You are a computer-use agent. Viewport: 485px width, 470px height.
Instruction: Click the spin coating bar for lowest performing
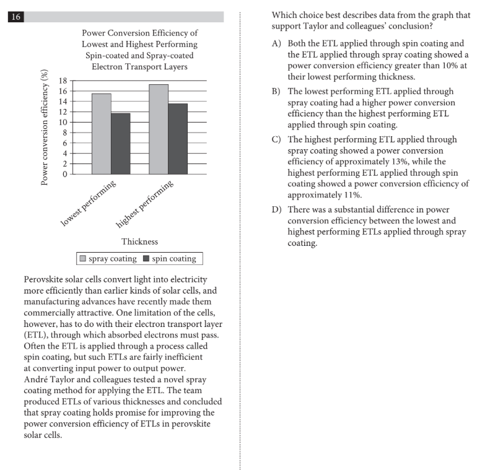click(120, 144)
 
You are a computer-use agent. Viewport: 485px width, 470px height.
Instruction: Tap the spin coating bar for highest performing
click(178, 139)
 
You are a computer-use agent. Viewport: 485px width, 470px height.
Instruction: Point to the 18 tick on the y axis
click(63, 81)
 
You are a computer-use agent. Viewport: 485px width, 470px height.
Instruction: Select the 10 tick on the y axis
click(63, 122)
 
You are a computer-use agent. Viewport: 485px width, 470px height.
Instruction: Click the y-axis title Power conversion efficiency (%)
click(45, 128)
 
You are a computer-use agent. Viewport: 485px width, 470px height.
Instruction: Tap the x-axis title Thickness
click(139, 242)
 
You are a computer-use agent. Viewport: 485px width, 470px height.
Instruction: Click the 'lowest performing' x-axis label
click(88, 205)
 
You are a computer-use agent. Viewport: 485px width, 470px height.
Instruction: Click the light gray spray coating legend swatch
click(82, 259)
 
